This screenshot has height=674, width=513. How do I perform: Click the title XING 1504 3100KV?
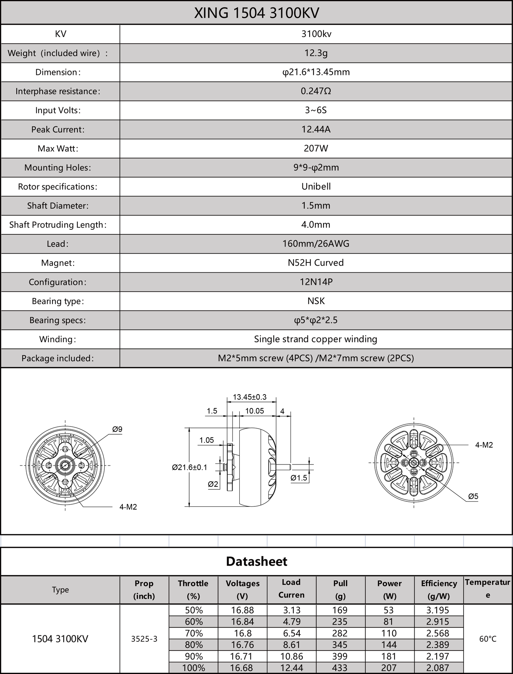pos(256,13)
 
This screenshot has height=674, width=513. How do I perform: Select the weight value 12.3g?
pos(316,53)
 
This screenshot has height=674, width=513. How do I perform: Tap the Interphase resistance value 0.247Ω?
pos(316,91)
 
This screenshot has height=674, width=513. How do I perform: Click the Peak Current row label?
pos(58,130)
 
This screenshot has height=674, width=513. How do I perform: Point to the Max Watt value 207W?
pos(316,148)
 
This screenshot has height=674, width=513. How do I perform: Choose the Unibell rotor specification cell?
pos(316,187)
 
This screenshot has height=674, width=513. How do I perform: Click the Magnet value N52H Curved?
pos(316,263)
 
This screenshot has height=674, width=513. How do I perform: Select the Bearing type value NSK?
pos(316,301)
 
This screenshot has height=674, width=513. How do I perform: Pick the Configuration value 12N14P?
pos(316,282)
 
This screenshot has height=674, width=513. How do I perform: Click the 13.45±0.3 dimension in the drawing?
pos(250,397)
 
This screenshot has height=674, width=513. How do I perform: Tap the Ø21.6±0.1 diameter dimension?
pos(190,467)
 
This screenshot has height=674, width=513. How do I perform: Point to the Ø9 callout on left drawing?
pos(117,429)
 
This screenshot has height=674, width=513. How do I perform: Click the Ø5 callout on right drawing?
pos(473,496)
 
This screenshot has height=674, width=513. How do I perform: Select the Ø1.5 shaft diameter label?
pos(299,478)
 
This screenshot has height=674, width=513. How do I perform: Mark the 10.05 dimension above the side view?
pos(255,411)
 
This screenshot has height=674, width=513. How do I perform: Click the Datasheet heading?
pos(256,561)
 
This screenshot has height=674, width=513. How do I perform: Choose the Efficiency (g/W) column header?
pos(439,589)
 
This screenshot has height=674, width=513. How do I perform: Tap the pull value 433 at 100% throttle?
pos(340,668)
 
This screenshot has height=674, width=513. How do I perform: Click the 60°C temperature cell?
pos(488,639)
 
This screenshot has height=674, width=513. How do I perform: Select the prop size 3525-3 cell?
pos(144,639)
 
